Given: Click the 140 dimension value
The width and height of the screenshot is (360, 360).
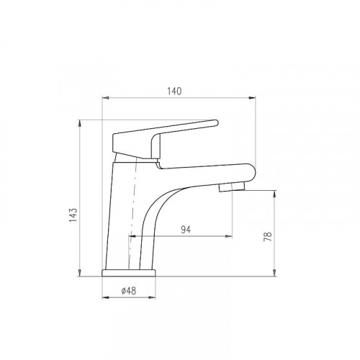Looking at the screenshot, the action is [x=174, y=91].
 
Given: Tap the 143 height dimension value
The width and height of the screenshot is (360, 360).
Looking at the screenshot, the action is [x=73, y=215].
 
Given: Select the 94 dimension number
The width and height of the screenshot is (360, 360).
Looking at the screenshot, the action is [x=186, y=230].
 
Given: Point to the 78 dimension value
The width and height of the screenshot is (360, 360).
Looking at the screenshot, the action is [x=268, y=236].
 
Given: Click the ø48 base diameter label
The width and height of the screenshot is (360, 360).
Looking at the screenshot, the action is [x=129, y=291].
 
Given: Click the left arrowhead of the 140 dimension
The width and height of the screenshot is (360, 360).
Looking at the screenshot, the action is [x=106, y=98].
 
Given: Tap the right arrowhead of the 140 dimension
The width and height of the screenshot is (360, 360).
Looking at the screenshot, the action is [x=252, y=98].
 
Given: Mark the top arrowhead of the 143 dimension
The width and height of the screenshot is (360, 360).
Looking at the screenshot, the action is [x=80, y=123].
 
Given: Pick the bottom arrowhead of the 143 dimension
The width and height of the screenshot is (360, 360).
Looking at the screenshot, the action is [x=80, y=273].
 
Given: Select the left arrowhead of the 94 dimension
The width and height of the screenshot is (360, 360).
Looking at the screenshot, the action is [x=132, y=236].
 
